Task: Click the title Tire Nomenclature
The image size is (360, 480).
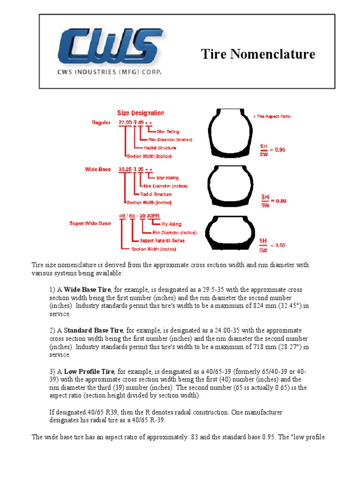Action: point(258,54)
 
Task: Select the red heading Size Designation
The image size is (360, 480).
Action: point(141,113)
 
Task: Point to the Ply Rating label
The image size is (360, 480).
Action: point(171,224)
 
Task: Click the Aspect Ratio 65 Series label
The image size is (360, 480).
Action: point(162,240)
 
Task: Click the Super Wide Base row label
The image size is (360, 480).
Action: point(90,223)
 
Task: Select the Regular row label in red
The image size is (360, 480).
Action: point(101,123)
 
